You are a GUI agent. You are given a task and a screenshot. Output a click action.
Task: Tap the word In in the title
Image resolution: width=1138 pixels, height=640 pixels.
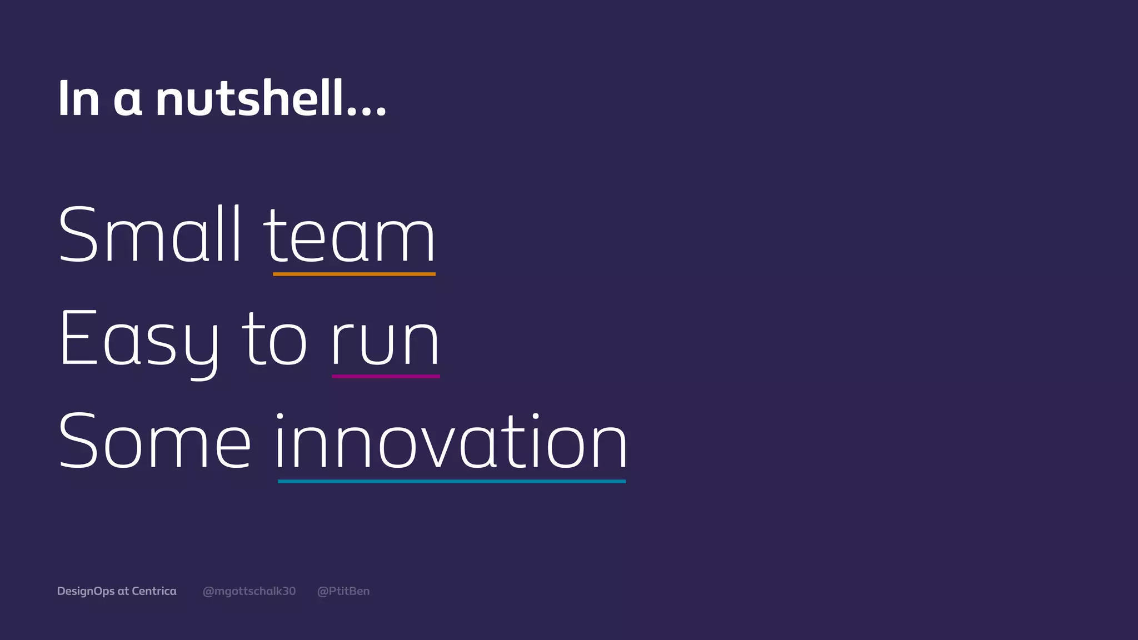[78, 99]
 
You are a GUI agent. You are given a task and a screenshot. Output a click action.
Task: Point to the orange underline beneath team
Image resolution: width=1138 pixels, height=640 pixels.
[354, 274]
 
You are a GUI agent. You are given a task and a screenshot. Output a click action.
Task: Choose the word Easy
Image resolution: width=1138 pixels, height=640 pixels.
[139, 340]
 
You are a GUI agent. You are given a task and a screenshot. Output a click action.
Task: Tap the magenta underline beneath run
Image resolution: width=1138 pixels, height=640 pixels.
[386, 376]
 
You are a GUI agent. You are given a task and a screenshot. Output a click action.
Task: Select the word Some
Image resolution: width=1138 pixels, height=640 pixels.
[154, 443]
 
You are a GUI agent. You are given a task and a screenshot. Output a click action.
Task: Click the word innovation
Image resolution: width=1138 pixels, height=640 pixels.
[451, 442]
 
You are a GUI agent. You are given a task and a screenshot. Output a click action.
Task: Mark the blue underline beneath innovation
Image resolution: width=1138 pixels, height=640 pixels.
[451, 481]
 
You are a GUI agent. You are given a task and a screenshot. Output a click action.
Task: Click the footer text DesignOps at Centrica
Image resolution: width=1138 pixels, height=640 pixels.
[117, 591]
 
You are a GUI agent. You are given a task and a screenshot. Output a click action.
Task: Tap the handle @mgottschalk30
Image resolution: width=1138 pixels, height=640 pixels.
[249, 591]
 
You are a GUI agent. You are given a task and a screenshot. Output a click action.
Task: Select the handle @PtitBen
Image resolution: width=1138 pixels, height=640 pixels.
[343, 591]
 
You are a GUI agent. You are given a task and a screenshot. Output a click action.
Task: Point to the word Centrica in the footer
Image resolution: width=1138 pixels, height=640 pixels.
[154, 591]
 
